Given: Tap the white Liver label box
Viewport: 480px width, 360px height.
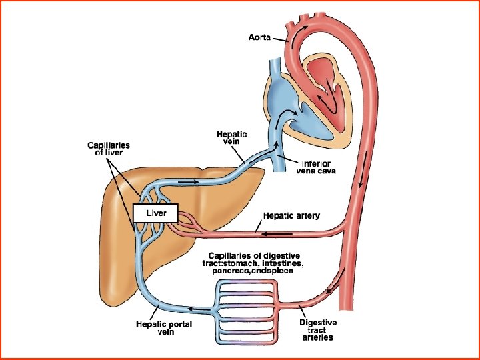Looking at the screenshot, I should click(x=155, y=213).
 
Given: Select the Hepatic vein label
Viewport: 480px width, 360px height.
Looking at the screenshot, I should click(x=231, y=138).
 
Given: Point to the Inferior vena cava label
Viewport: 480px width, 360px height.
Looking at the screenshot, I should click(x=316, y=167).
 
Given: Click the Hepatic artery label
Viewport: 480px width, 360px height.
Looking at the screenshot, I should click(x=291, y=216).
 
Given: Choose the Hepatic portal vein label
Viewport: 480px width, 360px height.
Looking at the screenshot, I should click(x=165, y=328).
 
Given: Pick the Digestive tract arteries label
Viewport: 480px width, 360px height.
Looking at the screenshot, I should click(x=317, y=330).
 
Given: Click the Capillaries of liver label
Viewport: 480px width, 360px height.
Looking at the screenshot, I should click(x=109, y=147).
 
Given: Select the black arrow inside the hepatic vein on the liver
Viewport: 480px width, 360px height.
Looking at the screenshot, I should click(x=189, y=181).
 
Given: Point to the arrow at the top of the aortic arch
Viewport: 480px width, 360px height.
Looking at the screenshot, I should click(x=304, y=28).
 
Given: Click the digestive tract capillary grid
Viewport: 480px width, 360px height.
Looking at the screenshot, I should click(x=244, y=310).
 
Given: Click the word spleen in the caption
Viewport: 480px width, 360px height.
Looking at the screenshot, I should click(x=287, y=271).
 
